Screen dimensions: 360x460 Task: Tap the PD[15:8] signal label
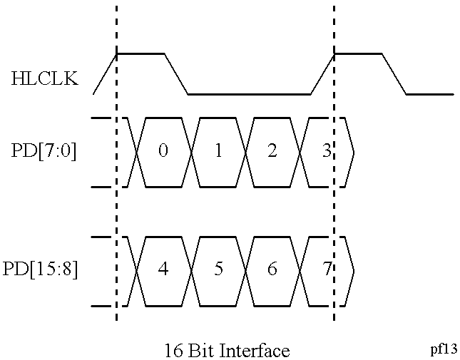click(x=40, y=270)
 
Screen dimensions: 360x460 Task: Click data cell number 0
click(x=163, y=152)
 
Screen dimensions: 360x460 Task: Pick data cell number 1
click(x=218, y=152)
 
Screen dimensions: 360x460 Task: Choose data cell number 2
click(x=272, y=152)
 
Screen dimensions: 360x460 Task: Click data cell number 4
click(x=163, y=270)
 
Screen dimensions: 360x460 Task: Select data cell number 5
click(x=218, y=270)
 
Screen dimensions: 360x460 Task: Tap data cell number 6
click(x=272, y=270)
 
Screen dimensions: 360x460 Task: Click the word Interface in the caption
click(x=256, y=351)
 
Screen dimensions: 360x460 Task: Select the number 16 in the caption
click(x=173, y=351)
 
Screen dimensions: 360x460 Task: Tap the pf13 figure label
click(x=444, y=349)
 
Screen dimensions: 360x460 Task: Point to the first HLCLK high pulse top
click(x=140, y=53)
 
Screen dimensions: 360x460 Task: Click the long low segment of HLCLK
click(x=249, y=93)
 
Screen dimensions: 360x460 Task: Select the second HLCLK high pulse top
click(x=358, y=53)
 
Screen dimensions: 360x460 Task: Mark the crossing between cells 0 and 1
click(x=190, y=152)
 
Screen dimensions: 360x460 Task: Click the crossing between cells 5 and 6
click(x=245, y=270)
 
